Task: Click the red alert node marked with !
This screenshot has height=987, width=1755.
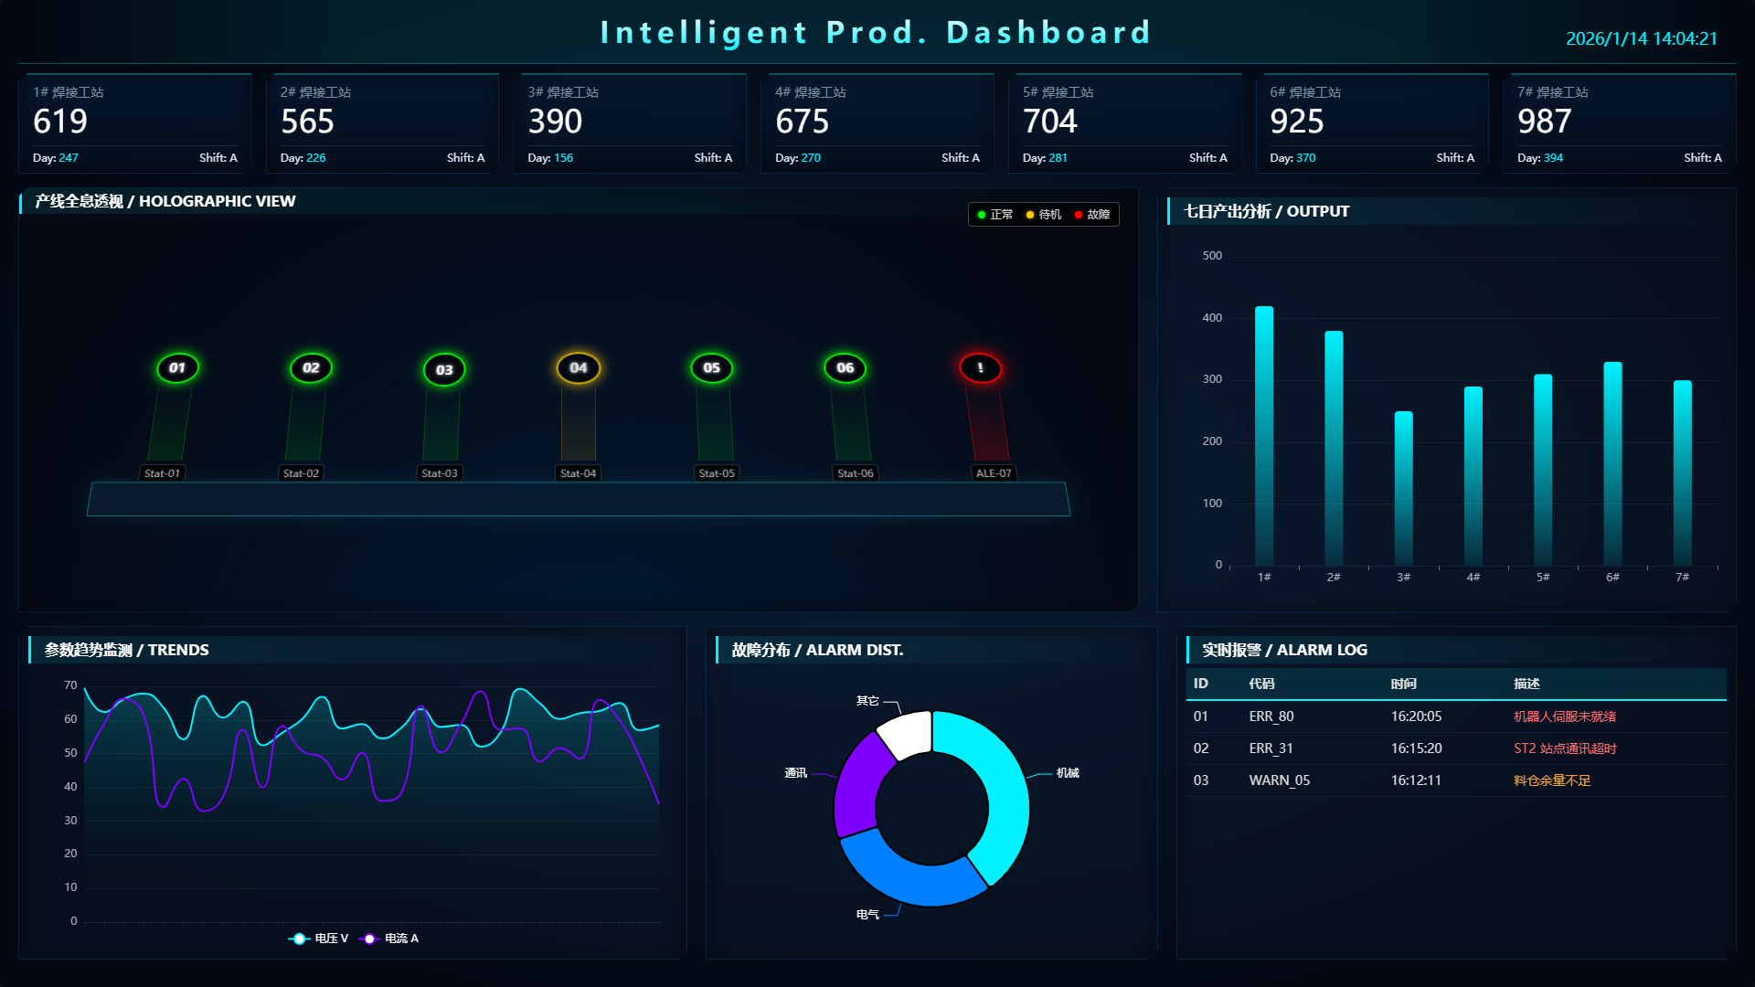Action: coord(980,368)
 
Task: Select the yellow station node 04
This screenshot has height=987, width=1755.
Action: coord(579,368)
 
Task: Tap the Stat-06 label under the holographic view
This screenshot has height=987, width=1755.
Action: coord(855,473)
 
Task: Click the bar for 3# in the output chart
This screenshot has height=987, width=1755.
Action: coord(1403,488)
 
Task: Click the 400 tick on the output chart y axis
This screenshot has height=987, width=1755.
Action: coord(1212,318)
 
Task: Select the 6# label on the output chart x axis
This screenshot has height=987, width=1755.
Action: coord(1612,578)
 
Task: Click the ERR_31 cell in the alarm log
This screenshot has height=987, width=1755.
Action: coord(1271,748)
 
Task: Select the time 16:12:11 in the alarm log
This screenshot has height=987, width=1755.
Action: coord(1416,780)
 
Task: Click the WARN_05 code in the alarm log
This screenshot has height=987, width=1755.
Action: coord(1279,780)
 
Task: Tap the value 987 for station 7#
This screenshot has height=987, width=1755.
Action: coord(1544,122)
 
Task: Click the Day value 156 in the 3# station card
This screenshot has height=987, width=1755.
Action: coord(563,158)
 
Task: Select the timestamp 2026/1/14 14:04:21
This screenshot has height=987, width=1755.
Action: coord(1641,38)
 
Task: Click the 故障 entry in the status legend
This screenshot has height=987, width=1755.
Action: coord(1093,215)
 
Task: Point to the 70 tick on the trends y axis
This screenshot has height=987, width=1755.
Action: coord(70,685)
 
